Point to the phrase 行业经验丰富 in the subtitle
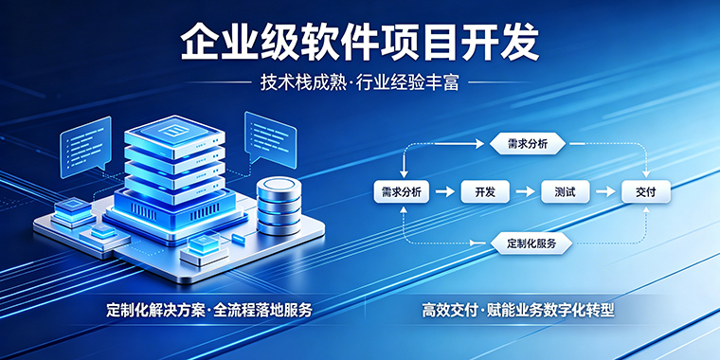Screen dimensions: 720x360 408,82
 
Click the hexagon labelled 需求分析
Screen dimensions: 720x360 527,144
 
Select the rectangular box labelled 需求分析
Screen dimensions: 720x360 402,192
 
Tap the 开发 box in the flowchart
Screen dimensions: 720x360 485,192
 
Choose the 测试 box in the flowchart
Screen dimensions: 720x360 565,192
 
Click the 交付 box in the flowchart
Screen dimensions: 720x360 645,192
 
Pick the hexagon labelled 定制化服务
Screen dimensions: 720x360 531,243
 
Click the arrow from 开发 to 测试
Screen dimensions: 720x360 525,192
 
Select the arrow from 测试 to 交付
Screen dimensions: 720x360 605,192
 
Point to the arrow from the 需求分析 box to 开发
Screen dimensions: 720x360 445,192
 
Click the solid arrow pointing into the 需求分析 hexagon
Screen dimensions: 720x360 459,144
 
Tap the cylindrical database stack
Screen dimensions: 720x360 279,206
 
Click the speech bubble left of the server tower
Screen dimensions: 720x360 86,146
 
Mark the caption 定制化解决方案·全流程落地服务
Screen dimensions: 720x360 209,310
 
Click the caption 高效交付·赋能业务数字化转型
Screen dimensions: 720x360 518,310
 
